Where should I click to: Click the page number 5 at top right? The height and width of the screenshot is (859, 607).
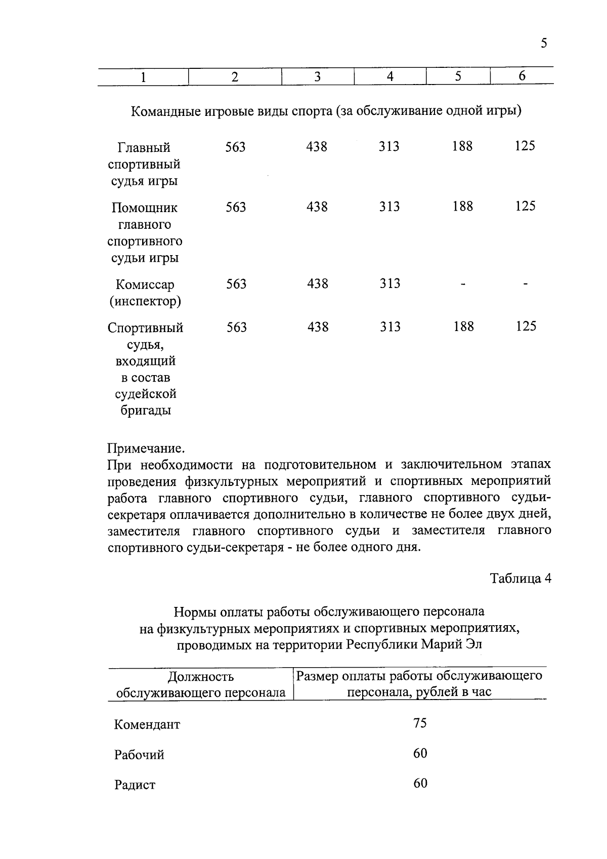pyautogui.click(x=544, y=43)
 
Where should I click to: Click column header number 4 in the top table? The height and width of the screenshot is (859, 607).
pyautogui.click(x=390, y=76)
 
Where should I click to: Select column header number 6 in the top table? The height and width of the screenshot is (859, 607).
pyautogui.click(x=522, y=76)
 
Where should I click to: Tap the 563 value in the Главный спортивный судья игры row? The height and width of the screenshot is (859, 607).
pyautogui.click(x=236, y=147)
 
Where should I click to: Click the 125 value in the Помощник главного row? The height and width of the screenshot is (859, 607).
pyautogui.click(x=525, y=206)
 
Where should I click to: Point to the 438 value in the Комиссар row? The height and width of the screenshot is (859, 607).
pyautogui.click(x=318, y=283)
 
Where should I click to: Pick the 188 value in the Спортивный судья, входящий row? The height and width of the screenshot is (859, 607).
pyautogui.click(x=463, y=326)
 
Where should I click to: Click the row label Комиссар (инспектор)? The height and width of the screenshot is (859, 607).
pyautogui.click(x=145, y=293)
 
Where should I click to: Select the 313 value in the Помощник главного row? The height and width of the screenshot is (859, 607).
pyautogui.click(x=389, y=207)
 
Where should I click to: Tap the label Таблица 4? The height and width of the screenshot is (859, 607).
pyautogui.click(x=521, y=579)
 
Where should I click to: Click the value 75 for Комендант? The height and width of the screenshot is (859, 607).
pyautogui.click(x=420, y=723)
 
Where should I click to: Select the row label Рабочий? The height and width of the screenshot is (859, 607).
pyautogui.click(x=139, y=755)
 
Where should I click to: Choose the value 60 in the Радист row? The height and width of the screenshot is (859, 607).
pyautogui.click(x=420, y=784)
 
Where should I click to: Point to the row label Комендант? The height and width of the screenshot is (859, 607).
pyautogui.click(x=147, y=724)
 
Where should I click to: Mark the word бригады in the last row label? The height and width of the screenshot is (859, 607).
pyautogui.click(x=145, y=411)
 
